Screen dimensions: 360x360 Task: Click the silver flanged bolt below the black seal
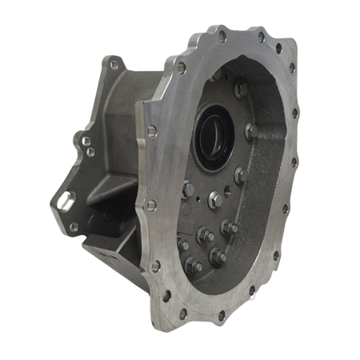point(214,197)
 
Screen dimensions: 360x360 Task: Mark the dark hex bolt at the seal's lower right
point(239,173)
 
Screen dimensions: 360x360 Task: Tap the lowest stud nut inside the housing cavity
point(194,265)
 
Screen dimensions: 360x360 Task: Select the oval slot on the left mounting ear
point(64,199)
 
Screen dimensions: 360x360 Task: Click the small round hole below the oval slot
point(73,226)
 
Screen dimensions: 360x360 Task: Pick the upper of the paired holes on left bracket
point(83,141)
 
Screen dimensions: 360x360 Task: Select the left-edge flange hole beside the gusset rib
point(149,206)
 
